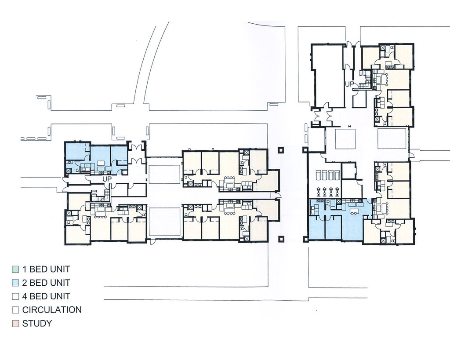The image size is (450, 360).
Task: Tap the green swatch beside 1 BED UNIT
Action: [15, 269]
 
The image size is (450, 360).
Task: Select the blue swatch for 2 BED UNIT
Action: [15, 283]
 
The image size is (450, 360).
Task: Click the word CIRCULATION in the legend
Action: [52, 310]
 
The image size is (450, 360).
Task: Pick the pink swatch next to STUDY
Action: [15, 324]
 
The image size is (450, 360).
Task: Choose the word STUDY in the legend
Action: [37, 324]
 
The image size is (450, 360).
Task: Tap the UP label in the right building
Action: [350, 84]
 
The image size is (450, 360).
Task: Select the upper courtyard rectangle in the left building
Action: [164, 175]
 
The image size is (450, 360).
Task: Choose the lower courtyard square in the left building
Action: [164, 222]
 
